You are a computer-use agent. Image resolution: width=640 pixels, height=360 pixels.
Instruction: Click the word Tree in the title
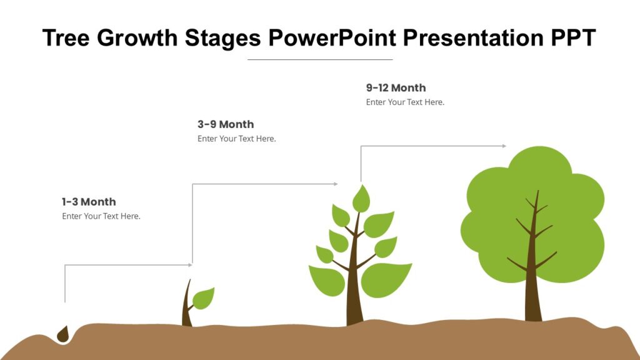pos(66,38)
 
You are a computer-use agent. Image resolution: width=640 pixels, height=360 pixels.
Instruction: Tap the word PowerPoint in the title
pos(332,38)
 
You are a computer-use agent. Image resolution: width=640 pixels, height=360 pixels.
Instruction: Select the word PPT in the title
pos(572,38)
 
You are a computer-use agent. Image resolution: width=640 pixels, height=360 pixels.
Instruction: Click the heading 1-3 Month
pos(89,202)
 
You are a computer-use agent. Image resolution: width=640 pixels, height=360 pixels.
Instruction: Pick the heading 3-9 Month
pos(226,124)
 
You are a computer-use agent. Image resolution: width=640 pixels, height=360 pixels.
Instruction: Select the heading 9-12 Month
pos(396,88)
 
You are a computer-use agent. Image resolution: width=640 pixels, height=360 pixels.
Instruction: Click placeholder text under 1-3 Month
pos(101,216)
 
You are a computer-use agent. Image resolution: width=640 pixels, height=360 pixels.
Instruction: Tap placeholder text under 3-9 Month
pos(236,139)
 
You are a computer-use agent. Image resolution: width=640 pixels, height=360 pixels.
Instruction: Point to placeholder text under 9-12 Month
pos(405,102)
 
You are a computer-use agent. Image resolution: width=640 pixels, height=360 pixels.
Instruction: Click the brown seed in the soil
pos(62,335)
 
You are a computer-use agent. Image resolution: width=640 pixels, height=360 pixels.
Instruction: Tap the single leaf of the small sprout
pos(203,299)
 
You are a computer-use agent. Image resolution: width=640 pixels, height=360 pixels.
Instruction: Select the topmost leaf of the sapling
pos(361,199)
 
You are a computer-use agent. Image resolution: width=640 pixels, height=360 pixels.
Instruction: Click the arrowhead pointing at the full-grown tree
pos(504,146)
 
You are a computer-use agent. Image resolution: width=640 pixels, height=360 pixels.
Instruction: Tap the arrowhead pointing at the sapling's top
pos(336,184)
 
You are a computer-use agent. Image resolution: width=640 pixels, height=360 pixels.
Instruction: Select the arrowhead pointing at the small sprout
pos(190,265)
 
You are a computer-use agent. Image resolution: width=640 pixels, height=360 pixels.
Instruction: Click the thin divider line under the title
pos(320,59)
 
